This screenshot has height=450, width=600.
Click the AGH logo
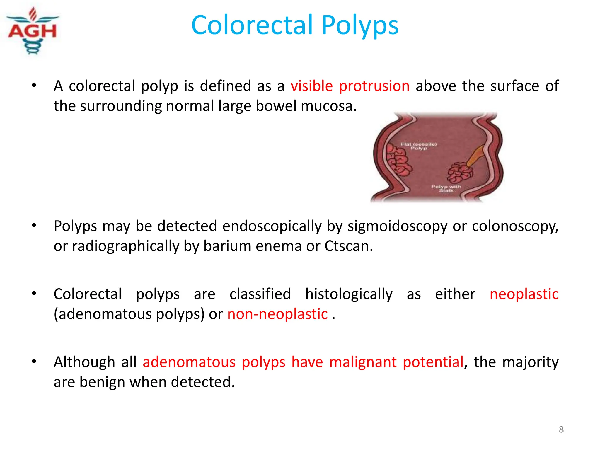33,31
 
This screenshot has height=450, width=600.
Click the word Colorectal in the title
252,25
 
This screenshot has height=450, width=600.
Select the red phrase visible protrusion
350,86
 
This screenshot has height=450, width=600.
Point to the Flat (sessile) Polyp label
419,146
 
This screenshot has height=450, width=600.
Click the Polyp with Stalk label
446,188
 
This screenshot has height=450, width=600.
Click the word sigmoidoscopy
397,226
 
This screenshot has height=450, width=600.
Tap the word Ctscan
348,246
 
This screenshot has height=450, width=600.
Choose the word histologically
349,294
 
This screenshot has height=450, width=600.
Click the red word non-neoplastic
277,314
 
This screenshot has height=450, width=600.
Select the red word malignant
363,362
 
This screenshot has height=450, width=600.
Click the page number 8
561,429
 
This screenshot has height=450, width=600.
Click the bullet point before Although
34,362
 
